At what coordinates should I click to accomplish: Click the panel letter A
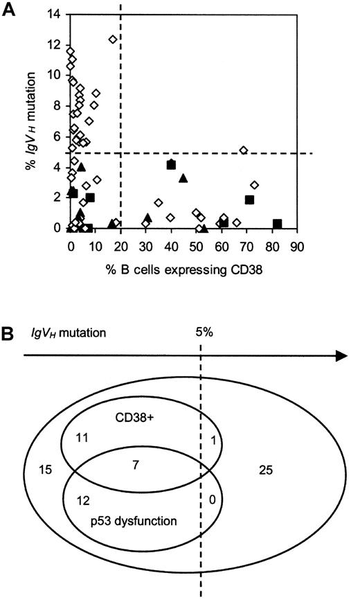9,9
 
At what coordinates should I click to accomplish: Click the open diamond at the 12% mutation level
113,39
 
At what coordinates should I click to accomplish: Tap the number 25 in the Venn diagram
266,470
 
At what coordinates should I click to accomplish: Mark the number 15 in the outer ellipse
42,469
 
